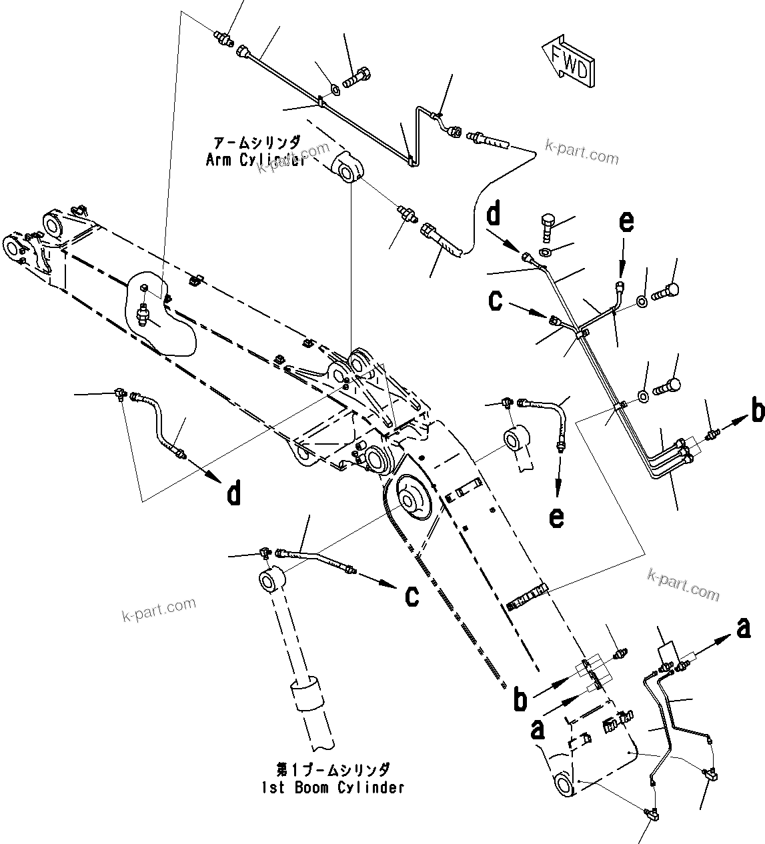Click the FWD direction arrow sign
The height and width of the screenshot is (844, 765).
click(x=569, y=63)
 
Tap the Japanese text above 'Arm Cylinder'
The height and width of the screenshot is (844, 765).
click(x=257, y=143)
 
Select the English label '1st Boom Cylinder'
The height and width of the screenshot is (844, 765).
click(x=333, y=787)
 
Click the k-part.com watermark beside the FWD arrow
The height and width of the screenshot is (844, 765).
click(x=582, y=153)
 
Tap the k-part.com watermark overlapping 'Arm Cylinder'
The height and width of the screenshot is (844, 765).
click(x=293, y=158)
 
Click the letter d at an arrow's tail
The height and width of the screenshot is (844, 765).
click(x=493, y=215)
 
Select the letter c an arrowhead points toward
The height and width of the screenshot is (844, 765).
click(x=412, y=595)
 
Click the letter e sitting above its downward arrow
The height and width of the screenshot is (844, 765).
click(x=626, y=222)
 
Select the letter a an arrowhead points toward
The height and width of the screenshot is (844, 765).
click(x=743, y=627)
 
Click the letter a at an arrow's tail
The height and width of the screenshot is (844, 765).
click(x=538, y=729)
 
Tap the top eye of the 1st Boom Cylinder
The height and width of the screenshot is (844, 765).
click(x=269, y=579)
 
